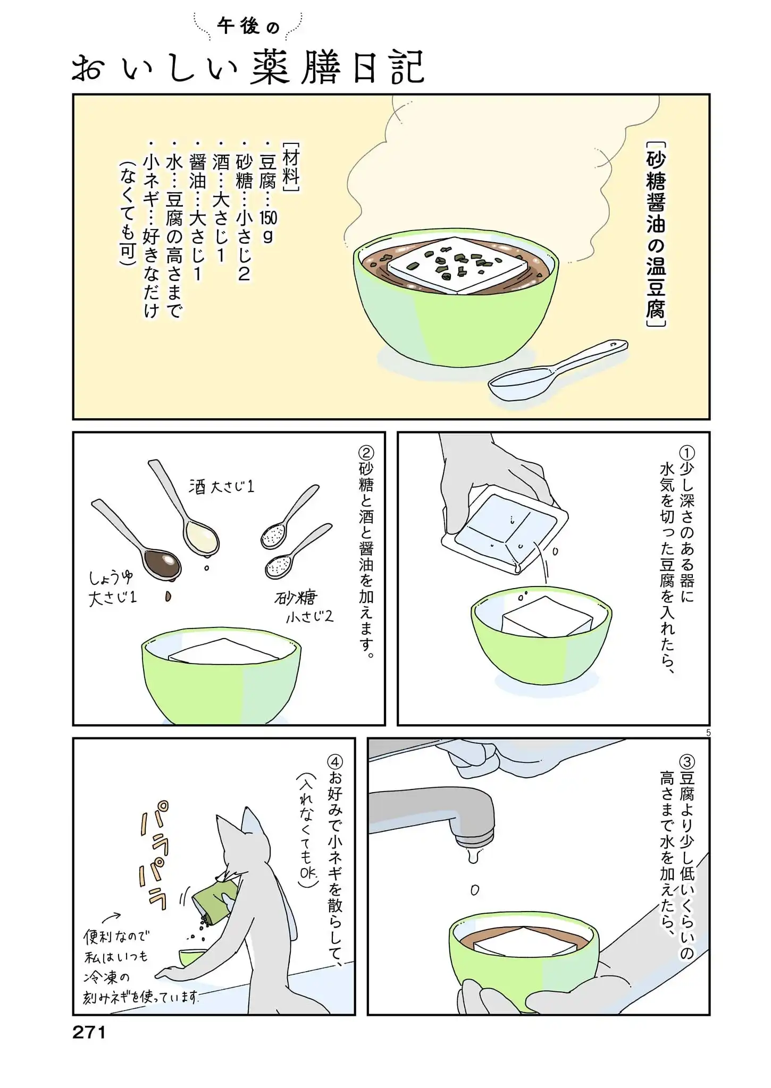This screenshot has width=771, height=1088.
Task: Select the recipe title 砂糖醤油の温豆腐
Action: [657, 234]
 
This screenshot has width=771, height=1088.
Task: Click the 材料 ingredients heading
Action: [291, 166]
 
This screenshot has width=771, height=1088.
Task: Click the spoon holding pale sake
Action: [183, 508]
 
